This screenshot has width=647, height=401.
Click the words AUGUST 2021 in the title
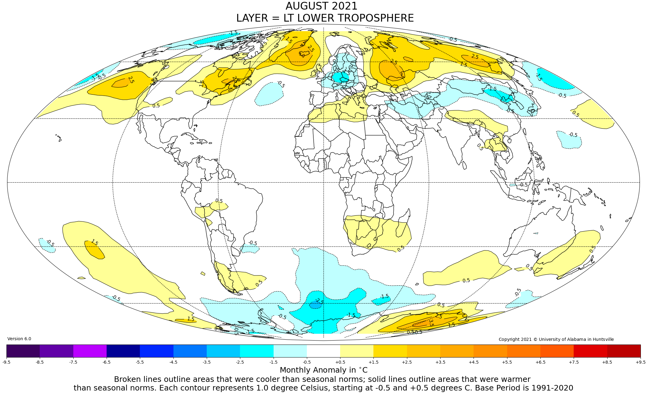[321, 6]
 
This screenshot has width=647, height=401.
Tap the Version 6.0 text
[19, 339]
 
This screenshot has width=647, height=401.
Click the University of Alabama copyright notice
[556, 339]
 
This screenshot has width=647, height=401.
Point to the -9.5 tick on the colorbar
[6, 362]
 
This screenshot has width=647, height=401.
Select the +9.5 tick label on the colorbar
[640, 362]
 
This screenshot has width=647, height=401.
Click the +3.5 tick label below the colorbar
[440, 362]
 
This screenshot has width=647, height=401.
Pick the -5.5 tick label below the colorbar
[140, 362]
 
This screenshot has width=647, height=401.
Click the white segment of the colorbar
[323, 351]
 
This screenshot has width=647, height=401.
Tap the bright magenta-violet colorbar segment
[90, 351]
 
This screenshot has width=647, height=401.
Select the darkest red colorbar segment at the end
[624, 351]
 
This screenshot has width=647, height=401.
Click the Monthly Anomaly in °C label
[323, 370]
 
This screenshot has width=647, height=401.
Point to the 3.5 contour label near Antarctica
[431, 323]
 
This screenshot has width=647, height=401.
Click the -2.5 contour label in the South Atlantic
[319, 301]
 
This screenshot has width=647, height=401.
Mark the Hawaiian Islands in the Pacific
[59, 138]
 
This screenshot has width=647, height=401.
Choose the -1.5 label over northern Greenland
[233, 33]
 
